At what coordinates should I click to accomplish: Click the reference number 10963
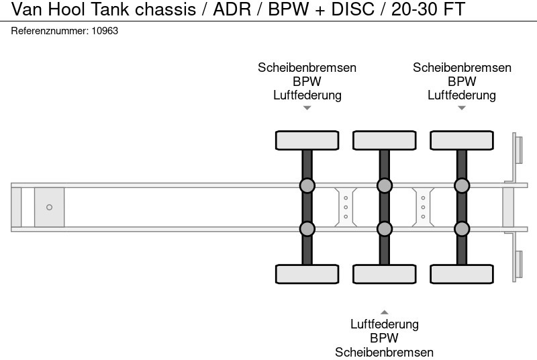coord(105,32)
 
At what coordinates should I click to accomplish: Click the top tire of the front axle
coord(307,140)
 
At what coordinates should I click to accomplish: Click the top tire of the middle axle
coord(384,140)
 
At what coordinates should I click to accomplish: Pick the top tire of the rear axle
coord(461,140)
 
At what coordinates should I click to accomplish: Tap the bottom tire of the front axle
coord(307,274)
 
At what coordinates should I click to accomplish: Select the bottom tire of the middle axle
coord(384,274)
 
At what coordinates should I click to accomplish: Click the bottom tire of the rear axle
coord(461,274)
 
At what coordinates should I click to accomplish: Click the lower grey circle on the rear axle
coord(461,229)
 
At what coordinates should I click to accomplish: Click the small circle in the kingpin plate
coord(49,207)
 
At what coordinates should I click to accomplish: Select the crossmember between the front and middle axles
coord(345,207)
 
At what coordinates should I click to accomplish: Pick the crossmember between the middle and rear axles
coord(423,207)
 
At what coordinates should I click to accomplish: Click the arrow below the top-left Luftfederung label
coord(307,107)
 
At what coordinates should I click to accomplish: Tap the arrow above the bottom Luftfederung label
coord(384,312)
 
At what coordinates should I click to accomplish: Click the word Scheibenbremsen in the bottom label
coord(384,352)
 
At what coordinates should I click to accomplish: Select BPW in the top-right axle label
coord(462,81)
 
